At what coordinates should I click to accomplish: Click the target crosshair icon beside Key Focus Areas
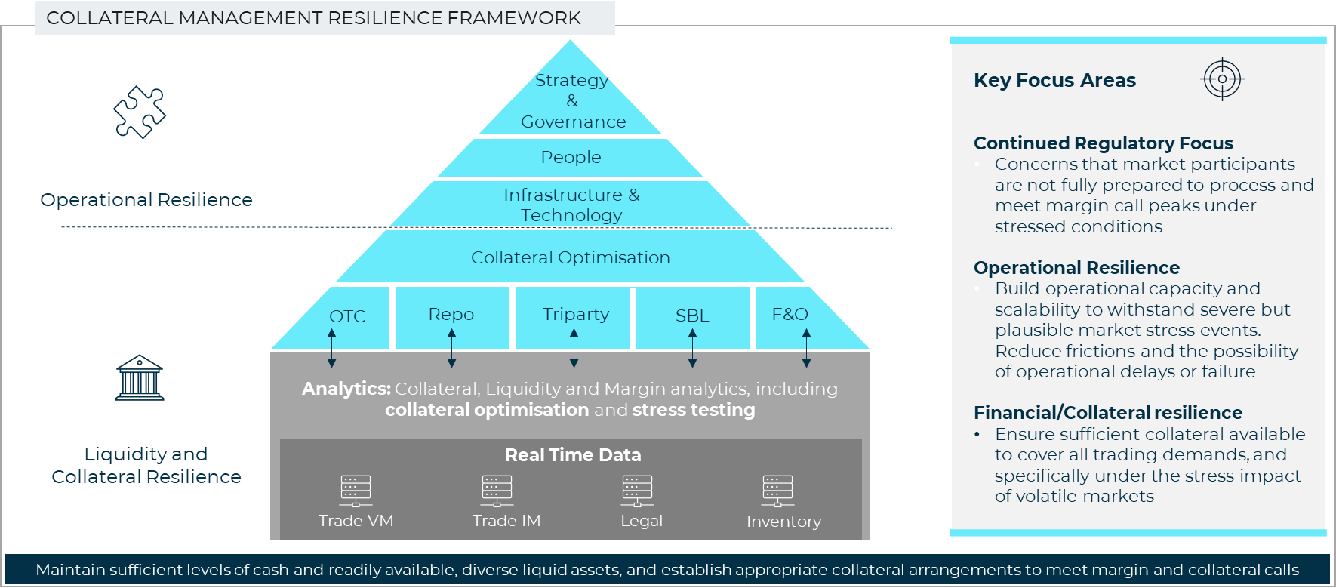[x=1221, y=79]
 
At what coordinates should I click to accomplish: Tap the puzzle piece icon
[x=140, y=112]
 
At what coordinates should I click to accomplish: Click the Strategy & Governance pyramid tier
[x=571, y=100]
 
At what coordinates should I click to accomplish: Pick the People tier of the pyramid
[x=571, y=157]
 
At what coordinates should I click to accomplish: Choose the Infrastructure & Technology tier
[x=571, y=205]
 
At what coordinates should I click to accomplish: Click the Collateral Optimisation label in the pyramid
[x=571, y=257]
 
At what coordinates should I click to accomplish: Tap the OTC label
[x=347, y=316]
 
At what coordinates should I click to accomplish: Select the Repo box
[x=451, y=315]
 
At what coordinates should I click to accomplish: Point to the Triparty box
[x=575, y=315]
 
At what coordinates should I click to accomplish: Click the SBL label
[x=692, y=316]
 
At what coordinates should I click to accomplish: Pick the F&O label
[x=790, y=314]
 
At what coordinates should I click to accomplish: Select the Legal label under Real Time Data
[x=642, y=521]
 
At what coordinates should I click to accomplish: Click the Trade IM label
[x=506, y=521]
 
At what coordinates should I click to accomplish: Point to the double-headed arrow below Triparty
[x=574, y=348]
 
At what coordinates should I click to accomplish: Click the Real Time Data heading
[x=573, y=455]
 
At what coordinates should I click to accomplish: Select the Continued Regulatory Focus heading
[x=1103, y=143]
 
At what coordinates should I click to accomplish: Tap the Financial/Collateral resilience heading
[x=1107, y=413]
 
